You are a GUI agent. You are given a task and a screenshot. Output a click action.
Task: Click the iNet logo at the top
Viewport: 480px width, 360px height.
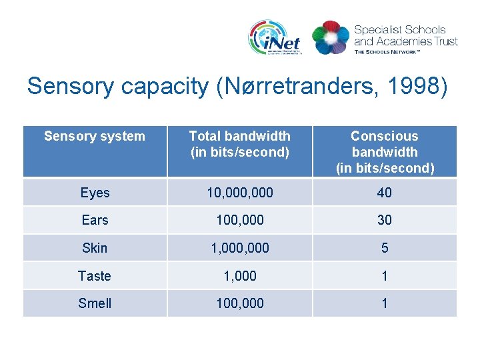pyautogui.click(x=275, y=37)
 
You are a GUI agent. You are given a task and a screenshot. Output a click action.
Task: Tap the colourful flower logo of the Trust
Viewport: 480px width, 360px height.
pyautogui.click(x=330, y=37)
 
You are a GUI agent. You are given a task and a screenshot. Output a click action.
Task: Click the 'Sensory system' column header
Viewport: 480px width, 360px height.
pyautogui.click(x=94, y=137)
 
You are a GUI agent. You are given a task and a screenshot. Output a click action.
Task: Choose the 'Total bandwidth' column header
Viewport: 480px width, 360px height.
pyautogui.click(x=239, y=144)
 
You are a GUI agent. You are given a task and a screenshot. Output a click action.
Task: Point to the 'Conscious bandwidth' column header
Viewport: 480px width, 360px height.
pyautogui.click(x=385, y=152)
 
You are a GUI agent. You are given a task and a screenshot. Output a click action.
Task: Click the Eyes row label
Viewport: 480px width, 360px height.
pyautogui.click(x=95, y=193)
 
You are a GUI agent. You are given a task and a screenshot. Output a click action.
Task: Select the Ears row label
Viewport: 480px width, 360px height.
pyautogui.click(x=95, y=220)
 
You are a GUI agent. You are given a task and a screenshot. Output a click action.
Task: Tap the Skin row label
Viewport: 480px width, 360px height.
pyautogui.click(x=95, y=248)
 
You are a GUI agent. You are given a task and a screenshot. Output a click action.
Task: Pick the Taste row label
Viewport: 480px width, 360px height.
pyautogui.click(x=95, y=276)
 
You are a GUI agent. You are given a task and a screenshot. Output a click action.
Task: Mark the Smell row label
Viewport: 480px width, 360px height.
pyautogui.click(x=95, y=303)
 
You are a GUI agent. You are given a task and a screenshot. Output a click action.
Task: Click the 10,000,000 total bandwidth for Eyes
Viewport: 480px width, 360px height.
pyautogui.click(x=239, y=193)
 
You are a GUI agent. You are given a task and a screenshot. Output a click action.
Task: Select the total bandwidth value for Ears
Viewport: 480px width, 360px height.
pyautogui.click(x=239, y=220)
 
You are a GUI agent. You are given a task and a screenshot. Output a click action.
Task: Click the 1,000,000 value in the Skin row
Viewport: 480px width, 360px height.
pyautogui.click(x=239, y=248)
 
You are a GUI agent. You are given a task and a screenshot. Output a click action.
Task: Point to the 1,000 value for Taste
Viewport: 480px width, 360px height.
pyautogui.click(x=239, y=276)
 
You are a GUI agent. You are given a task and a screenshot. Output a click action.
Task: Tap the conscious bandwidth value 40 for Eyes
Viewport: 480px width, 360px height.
pyautogui.click(x=385, y=193)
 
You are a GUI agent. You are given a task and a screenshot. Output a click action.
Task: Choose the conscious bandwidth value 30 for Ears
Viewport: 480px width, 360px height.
pyautogui.click(x=385, y=220)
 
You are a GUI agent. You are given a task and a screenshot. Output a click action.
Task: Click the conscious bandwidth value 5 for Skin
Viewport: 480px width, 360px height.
pyautogui.click(x=385, y=248)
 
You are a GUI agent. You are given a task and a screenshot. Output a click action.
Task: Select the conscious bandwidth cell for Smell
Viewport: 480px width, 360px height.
pyautogui.click(x=385, y=303)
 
